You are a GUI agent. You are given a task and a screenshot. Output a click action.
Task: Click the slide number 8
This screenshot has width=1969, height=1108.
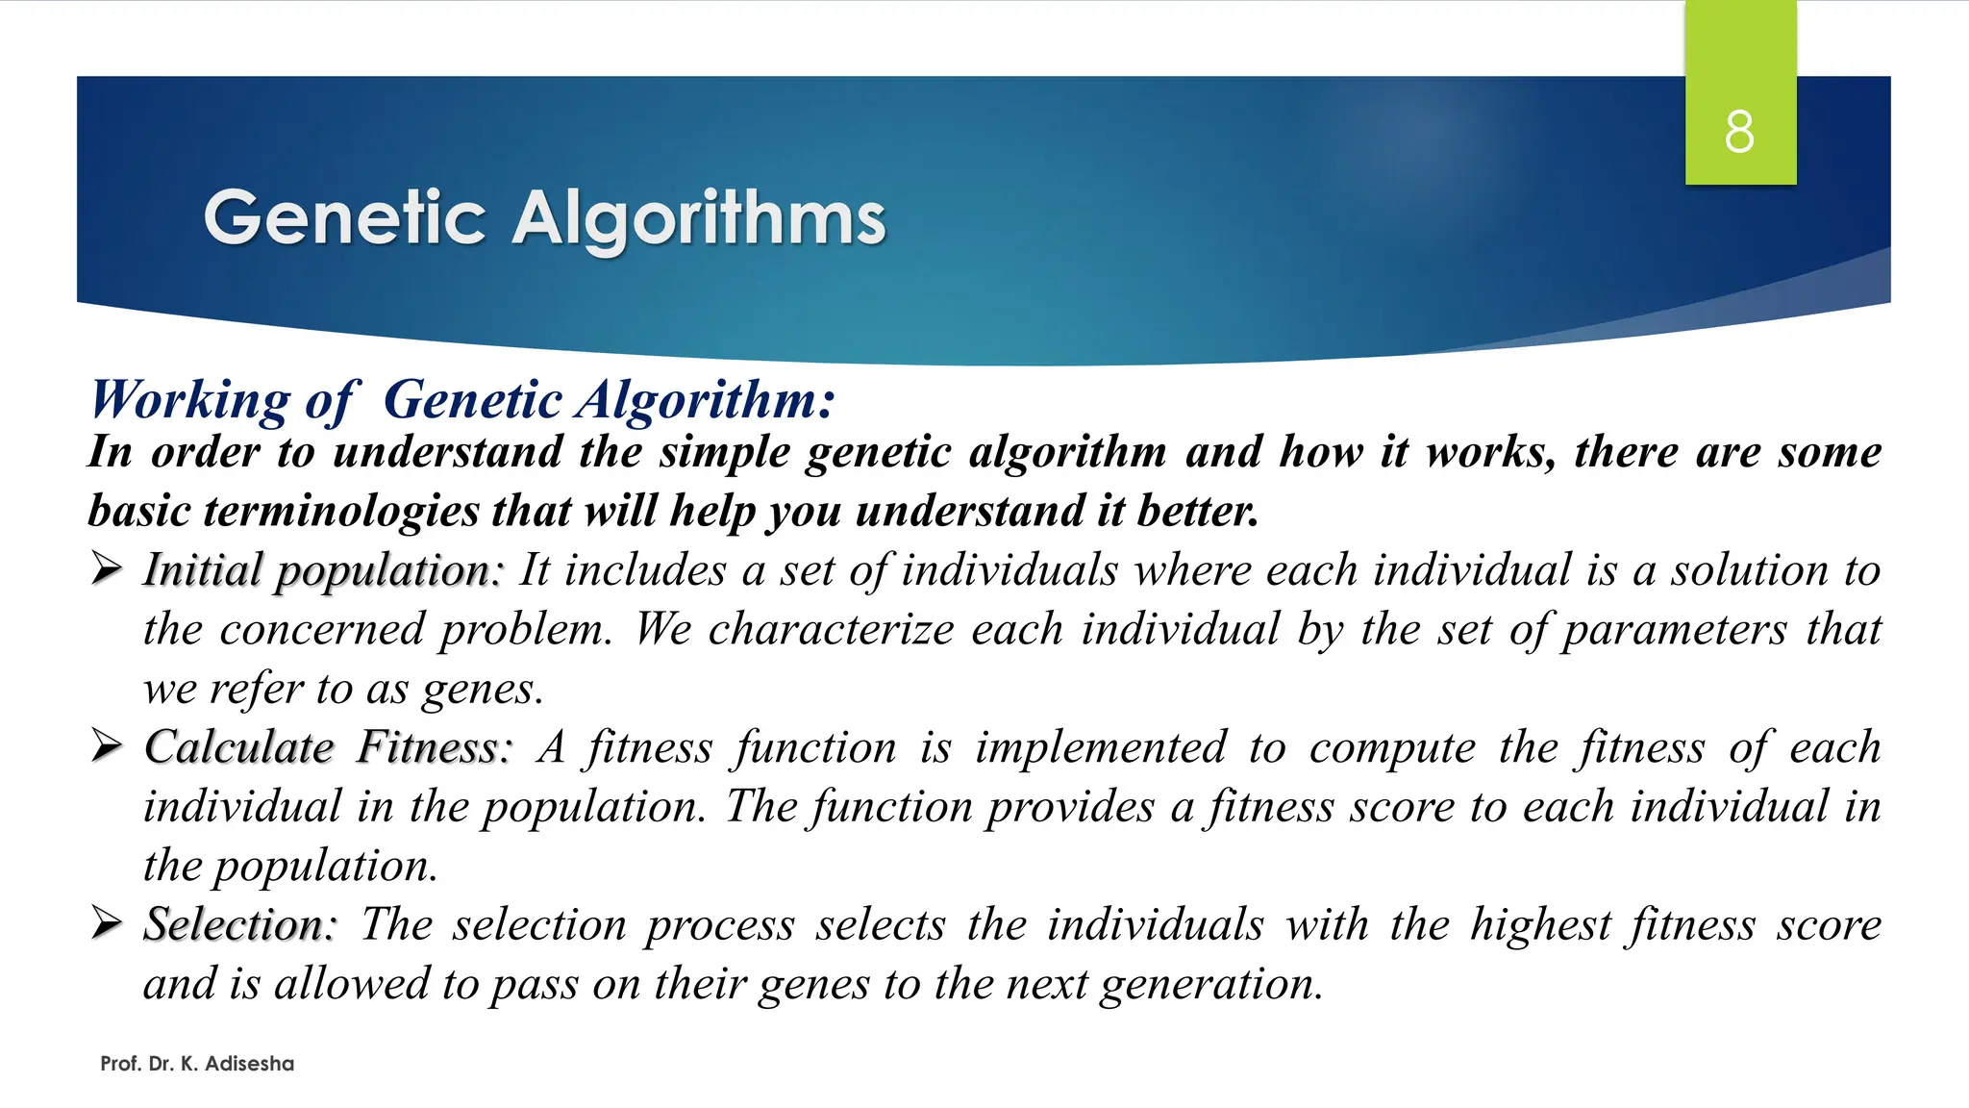pyautogui.click(x=1739, y=132)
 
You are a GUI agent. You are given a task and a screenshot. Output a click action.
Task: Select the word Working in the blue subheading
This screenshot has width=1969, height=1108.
pyautogui.click(x=189, y=399)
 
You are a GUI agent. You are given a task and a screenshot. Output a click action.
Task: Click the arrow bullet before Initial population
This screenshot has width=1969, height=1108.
pyautogui.click(x=106, y=569)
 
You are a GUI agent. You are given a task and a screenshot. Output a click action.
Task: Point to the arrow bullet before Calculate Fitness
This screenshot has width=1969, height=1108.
pyautogui.click(x=106, y=746)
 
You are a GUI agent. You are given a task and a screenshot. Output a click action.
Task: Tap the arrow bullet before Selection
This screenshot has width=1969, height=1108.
pyautogui.click(x=106, y=923)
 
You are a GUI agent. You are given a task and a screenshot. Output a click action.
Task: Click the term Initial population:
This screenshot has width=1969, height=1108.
pyautogui.click(x=323, y=570)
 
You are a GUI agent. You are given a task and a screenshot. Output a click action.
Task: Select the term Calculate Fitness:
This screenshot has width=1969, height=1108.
pyautogui.click(x=329, y=747)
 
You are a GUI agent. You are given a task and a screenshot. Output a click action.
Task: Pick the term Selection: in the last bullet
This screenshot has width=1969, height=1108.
pyautogui.click(x=240, y=924)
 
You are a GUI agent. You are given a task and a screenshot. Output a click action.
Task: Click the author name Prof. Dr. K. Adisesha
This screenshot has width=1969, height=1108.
pyautogui.click(x=197, y=1064)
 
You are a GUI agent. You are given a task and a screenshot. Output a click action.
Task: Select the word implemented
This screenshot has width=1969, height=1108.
pyautogui.click(x=1101, y=747)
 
